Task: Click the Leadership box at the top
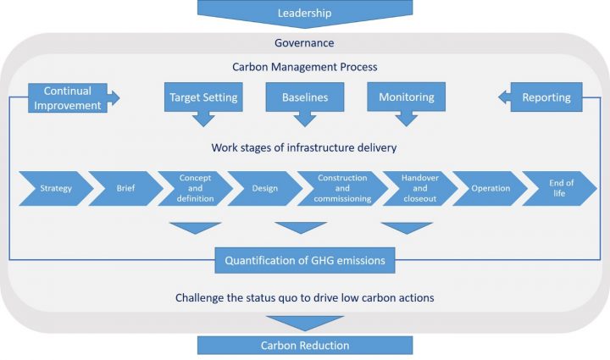point(304,13)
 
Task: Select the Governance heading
point(304,42)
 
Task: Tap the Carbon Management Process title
point(304,67)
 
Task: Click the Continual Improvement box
point(68,97)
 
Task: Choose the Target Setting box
point(202,97)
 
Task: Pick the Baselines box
point(304,97)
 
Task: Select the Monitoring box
point(406,97)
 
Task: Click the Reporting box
point(546,97)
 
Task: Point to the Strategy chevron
point(53,188)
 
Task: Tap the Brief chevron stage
point(125,188)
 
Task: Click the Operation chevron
point(491,188)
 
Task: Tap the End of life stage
point(560,188)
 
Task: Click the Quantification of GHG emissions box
point(304,260)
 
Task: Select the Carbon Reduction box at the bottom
point(304,345)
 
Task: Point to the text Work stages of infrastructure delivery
point(304,148)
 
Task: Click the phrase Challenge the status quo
point(237,298)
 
